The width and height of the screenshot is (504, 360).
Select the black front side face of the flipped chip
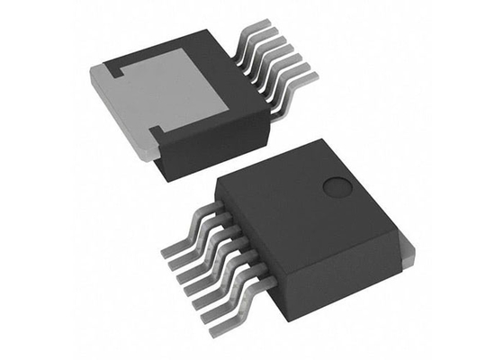tap(211, 148)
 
